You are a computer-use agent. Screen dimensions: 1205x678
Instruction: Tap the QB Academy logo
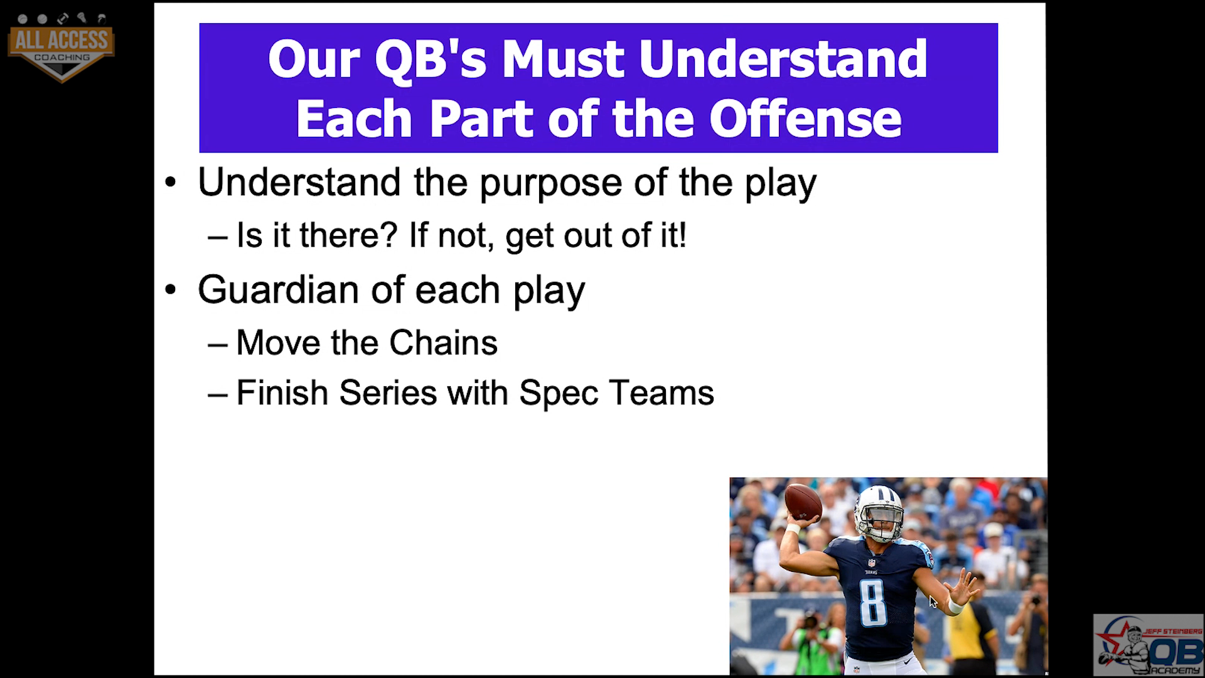coord(1148,645)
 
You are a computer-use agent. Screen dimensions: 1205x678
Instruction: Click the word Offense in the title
coord(806,119)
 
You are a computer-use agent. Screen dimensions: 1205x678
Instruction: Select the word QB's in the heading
coord(429,60)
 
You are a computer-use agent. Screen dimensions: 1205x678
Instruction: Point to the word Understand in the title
coord(783,58)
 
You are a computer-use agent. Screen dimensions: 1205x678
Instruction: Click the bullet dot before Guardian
coord(171,291)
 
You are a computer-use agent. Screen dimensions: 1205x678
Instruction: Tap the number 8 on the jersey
coord(873,603)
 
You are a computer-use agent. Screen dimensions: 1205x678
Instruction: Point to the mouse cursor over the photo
coord(933,602)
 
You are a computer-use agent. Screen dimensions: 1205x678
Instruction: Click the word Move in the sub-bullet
coord(279,343)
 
